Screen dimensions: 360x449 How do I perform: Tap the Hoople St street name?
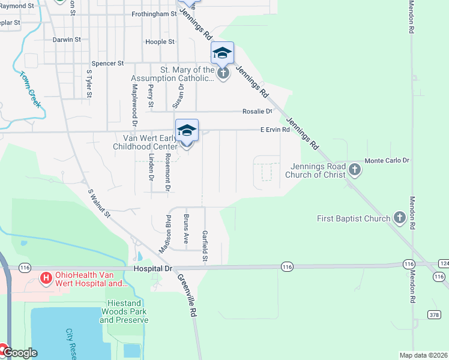click(x=160, y=42)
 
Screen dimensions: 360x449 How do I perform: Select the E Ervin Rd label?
click(x=275, y=130)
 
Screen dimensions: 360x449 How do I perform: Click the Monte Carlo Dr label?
click(x=387, y=161)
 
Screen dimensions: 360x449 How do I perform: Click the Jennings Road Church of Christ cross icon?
click(x=355, y=169)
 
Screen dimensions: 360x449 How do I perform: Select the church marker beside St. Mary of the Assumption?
click(x=223, y=74)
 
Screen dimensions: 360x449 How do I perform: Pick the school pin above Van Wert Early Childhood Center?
click(x=187, y=130)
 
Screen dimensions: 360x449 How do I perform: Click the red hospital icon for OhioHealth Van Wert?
click(x=45, y=278)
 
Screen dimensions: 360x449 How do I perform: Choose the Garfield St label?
click(x=205, y=247)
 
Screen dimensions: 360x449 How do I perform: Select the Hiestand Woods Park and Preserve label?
click(x=124, y=312)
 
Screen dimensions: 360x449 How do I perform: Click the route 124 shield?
click(x=444, y=264)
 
